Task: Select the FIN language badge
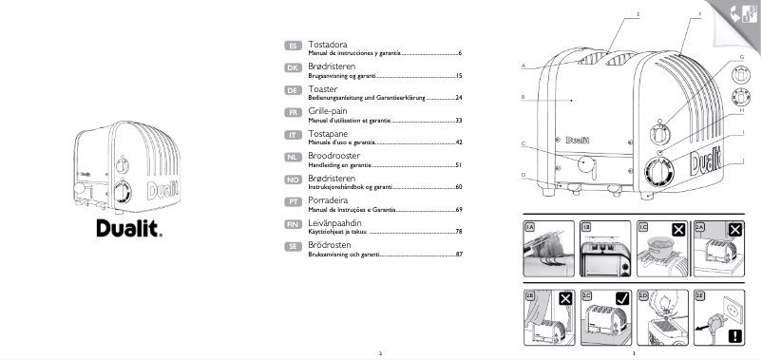pos(293,225)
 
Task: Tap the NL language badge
pos(293,158)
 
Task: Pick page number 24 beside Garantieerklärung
pos(458,98)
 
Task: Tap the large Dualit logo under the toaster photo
pos(128,228)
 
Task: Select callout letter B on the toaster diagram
pos(524,97)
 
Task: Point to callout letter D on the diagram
pos(524,176)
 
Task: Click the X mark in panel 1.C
pos(677,229)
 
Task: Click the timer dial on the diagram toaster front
pos(656,172)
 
